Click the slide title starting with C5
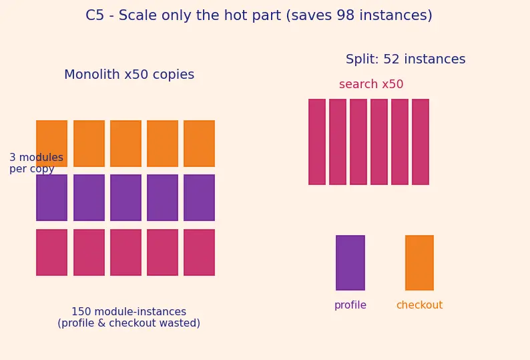tap(259, 15)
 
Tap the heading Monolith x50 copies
tap(129, 74)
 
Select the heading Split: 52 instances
tap(406, 59)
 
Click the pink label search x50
tap(371, 84)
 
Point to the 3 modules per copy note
tap(36, 163)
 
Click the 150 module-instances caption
tap(129, 317)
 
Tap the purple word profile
tap(350, 305)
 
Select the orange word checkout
tap(419, 305)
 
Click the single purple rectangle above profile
tap(350, 262)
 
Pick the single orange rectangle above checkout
tap(419, 262)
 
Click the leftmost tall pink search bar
tap(317, 142)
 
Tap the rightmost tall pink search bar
tap(421, 142)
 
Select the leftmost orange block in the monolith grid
tap(51, 144)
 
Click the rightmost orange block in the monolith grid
tap(199, 144)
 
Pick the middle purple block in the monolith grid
tap(125, 198)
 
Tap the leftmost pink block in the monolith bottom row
tap(51, 252)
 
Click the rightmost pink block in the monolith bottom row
tap(199, 252)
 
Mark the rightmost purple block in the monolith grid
tap(199, 198)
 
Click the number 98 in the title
tap(344, 15)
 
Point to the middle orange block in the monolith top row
tap(125, 144)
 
